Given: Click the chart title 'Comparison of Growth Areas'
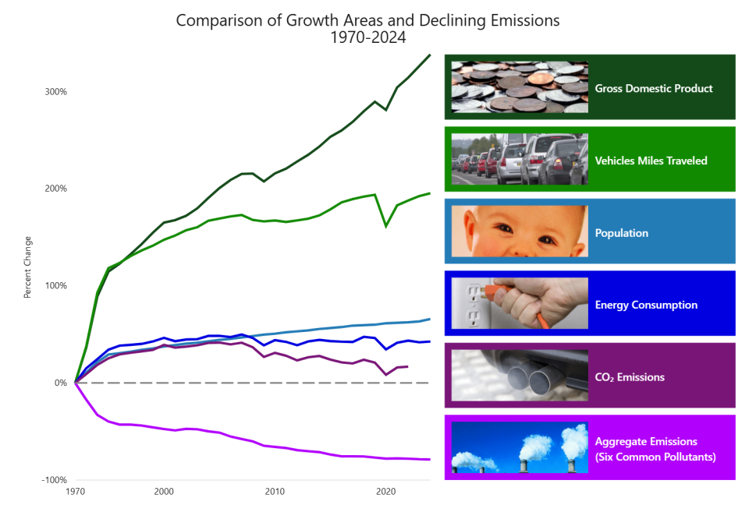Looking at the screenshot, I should pyautogui.click(x=367, y=20).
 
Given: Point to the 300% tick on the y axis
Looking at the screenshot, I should pyautogui.click(x=55, y=92).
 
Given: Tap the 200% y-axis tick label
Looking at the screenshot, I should pyautogui.click(x=55, y=189).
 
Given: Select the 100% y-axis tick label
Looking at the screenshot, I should pyautogui.click(x=55, y=286).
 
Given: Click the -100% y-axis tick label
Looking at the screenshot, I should pyautogui.click(x=54, y=480).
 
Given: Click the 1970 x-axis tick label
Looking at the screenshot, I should pyautogui.click(x=76, y=492).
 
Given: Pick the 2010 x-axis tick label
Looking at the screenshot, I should pyautogui.click(x=275, y=492).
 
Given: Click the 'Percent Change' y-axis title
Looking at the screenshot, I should pyautogui.click(x=28, y=267).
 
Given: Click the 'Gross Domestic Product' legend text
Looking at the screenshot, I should pyautogui.click(x=653, y=89).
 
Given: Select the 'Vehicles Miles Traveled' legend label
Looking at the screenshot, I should pyautogui.click(x=651, y=161).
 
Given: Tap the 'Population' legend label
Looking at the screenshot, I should pyautogui.click(x=621, y=233).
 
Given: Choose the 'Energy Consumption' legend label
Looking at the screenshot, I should pyautogui.click(x=645, y=305).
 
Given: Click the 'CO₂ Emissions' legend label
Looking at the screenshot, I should pyautogui.click(x=629, y=377).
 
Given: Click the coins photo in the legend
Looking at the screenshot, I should pyautogui.click(x=520, y=87).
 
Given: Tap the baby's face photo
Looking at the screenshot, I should pyautogui.click(x=520, y=231).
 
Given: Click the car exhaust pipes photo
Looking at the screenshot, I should pyautogui.click(x=520, y=376).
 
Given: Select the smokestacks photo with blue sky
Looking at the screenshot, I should pyautogui.click(x=520, y=447).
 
